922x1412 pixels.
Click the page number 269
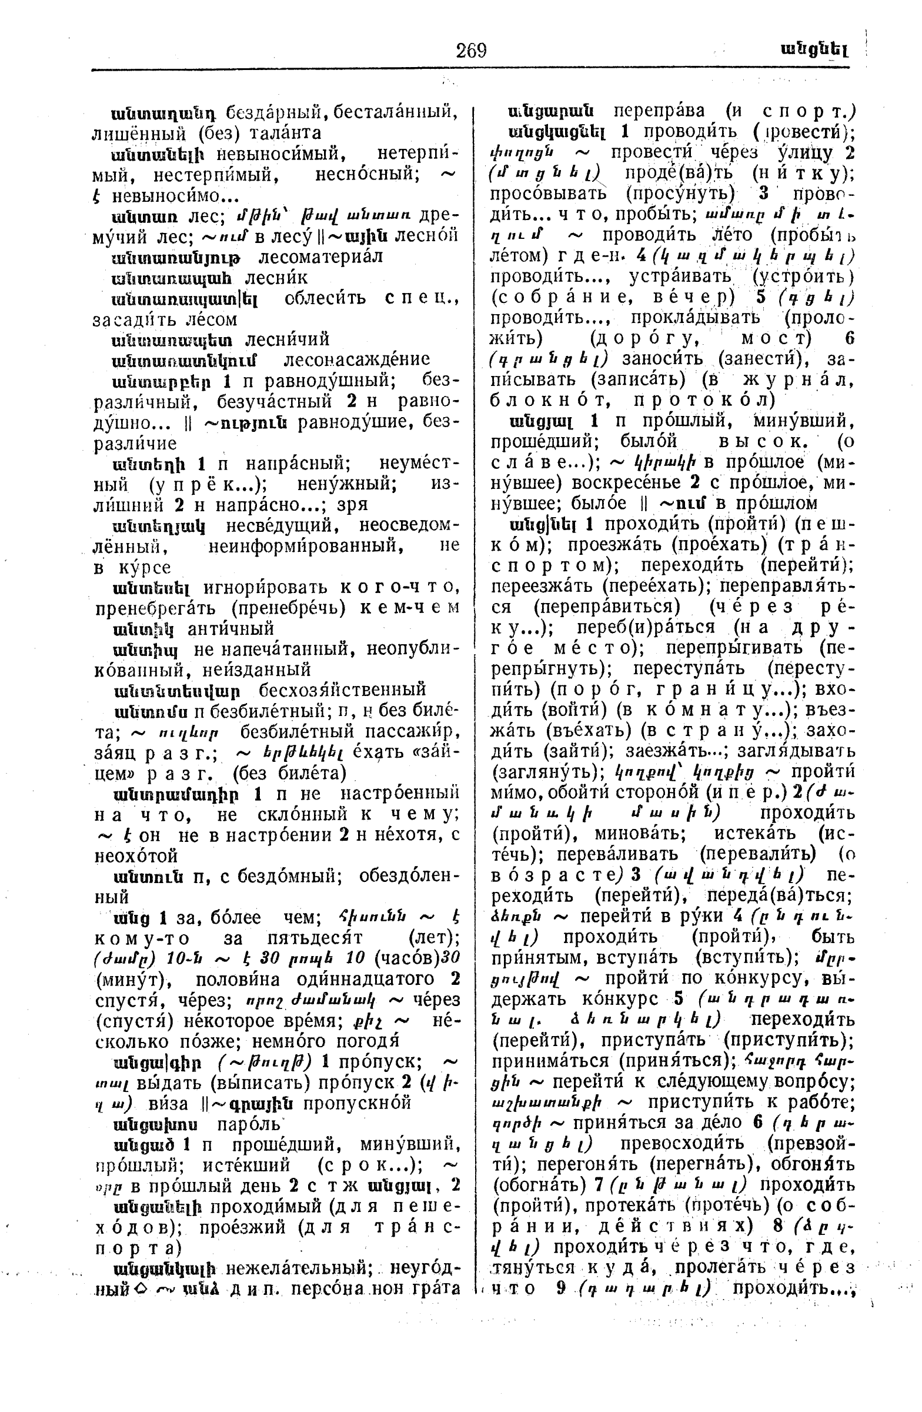(472, 51)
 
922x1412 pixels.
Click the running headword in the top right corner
(813, 51)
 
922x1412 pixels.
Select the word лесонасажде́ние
(356, 359)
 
